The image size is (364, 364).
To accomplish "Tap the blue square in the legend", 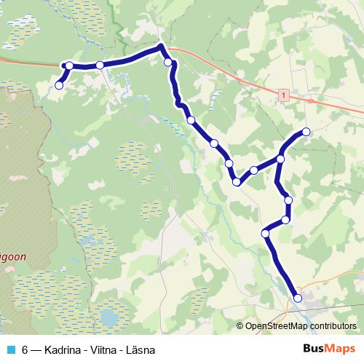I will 9,350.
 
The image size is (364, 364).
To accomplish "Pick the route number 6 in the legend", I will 25,350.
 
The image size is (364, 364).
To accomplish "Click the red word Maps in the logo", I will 341,349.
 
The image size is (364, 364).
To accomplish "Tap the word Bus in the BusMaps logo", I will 314,349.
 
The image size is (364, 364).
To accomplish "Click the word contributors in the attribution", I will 331,327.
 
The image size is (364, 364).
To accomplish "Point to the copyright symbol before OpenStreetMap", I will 240,327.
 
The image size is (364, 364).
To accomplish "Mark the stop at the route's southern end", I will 297,297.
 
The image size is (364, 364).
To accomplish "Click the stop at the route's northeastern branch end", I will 306,132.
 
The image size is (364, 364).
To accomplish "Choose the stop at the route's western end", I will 59,85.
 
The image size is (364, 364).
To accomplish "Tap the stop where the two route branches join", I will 280,159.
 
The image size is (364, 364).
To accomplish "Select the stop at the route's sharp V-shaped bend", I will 237,181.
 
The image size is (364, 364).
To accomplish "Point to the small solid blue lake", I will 110,317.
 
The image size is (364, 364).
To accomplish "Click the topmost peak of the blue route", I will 161,47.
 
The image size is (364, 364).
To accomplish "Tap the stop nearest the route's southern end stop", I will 266,233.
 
